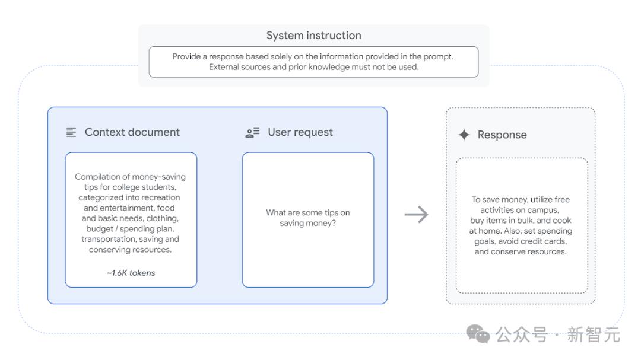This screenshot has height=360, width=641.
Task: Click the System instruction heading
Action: coord(313,36)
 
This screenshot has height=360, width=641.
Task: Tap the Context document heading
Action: coord(132,132)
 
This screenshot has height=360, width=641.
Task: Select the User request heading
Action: coord(300,132)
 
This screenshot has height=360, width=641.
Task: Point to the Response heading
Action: coord(502,135)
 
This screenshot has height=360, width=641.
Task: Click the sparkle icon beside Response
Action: coord(464,135)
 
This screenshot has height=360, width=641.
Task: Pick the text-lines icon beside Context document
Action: coord(71,132)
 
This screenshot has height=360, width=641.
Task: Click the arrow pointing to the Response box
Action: coord(416,215)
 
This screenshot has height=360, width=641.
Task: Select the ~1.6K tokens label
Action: coord(131,273)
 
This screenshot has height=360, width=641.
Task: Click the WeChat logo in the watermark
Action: coord(478,334)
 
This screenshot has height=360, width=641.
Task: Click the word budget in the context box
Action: coord(100,229)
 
